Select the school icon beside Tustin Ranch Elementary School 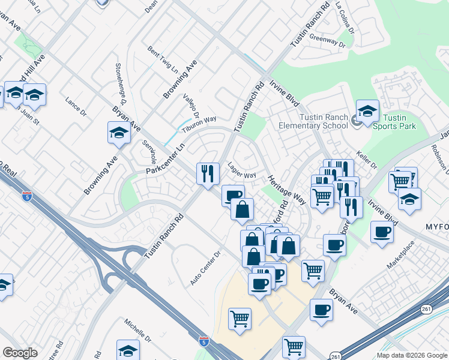pos(367,111)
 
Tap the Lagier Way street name pos(242,172)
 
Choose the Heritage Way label pos(287,190)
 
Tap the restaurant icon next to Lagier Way pos(207,174)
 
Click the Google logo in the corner pos(20,353)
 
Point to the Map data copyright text pos(411,355)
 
